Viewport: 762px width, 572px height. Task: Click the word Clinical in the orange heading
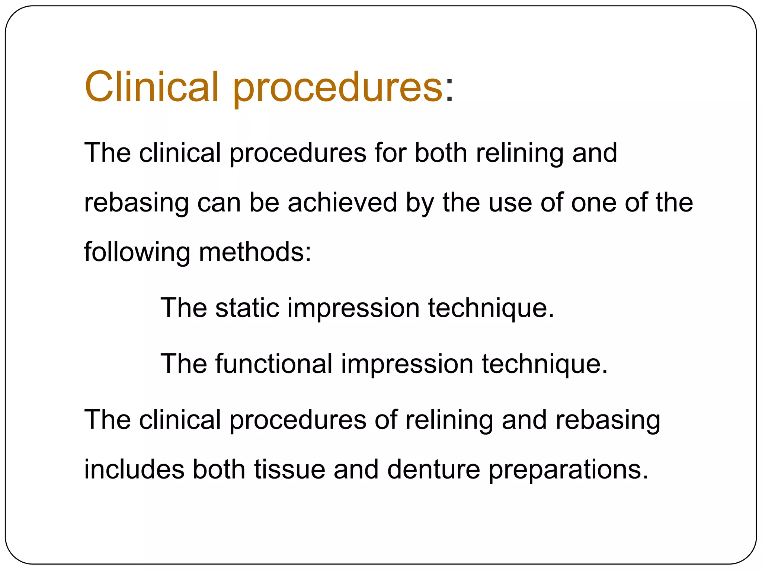[151, 87]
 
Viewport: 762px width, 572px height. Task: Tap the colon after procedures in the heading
[449, 91]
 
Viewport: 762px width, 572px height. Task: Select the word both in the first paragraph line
[441, 153]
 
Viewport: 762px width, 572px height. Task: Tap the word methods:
[255, 252]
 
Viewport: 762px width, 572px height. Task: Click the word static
[247, 308]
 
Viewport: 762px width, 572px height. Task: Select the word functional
[274, 363]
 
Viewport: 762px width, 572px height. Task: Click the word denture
[433, 469]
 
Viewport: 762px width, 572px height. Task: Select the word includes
[134, 469]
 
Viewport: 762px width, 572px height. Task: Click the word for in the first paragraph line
[390, 153]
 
